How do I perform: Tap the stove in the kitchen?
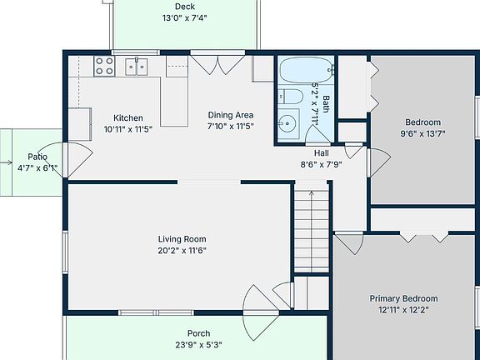[104, 65]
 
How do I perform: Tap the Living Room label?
[182, 239]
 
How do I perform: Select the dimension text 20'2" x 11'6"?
[182, 250]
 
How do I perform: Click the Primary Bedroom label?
[403, 298]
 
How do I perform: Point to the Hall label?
[322, 153]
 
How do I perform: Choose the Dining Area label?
[231, 115]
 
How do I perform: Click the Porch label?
[198, 333]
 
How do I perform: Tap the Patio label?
[37, 157]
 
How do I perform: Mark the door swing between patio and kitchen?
[76, 158]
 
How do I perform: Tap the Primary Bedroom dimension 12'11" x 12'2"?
[403, 310]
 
